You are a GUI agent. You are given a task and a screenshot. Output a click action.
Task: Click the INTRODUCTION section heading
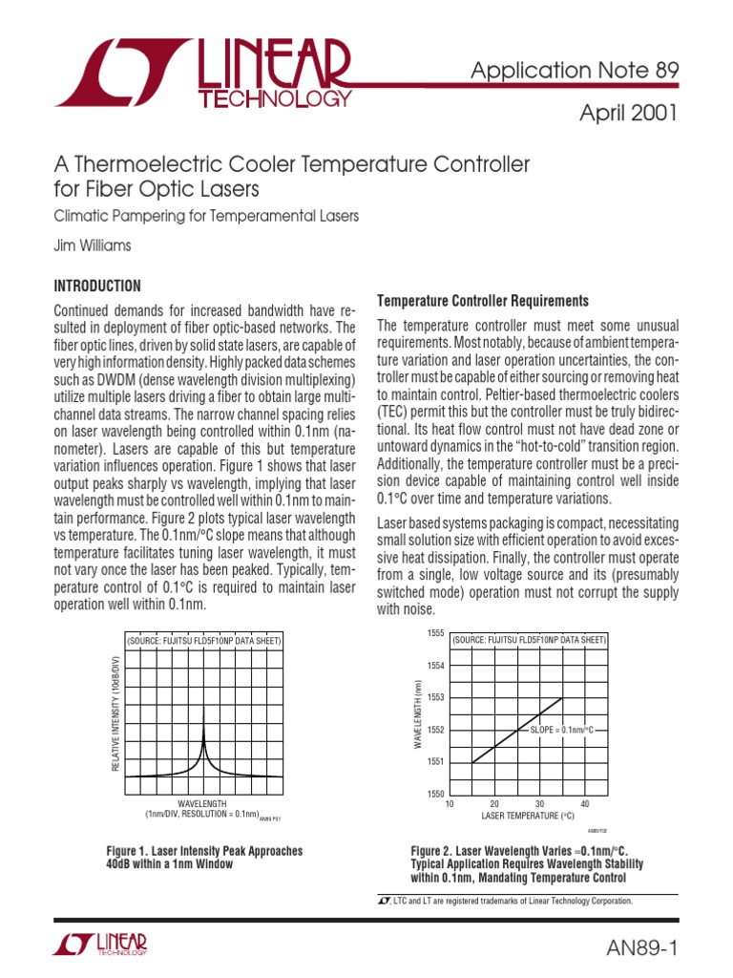97,286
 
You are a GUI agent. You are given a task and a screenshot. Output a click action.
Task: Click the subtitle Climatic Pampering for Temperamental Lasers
206,216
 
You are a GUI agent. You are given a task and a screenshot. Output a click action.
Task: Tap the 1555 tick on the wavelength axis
435,633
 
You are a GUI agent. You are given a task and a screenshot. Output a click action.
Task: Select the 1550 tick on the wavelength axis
435,794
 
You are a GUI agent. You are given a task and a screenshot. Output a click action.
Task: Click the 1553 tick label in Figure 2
435,697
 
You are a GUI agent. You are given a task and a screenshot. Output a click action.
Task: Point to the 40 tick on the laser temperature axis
585,804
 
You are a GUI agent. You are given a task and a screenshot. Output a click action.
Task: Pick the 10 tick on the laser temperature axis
450,804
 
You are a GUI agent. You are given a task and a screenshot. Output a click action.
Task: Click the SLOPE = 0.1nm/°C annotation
561,730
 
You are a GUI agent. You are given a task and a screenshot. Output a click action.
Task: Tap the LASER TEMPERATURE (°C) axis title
528,817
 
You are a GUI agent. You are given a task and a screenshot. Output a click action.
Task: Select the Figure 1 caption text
204,857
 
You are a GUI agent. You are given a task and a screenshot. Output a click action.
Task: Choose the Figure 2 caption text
526,864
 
